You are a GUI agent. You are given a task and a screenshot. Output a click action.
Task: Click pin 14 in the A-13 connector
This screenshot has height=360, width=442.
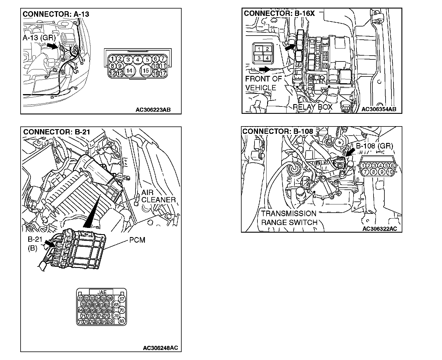pos(129,71)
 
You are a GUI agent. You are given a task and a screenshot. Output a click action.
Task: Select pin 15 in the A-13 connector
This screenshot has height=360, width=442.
pos(146,71)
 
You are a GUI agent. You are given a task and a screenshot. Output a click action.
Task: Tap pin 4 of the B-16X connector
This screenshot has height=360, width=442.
pos(267,58)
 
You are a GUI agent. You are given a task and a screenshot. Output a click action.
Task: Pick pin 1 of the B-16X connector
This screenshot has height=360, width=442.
pos(259,49)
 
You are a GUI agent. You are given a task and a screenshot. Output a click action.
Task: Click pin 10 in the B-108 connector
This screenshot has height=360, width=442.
pos(390,172)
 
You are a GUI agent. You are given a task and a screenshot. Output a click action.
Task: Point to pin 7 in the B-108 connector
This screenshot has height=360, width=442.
pos(365,172)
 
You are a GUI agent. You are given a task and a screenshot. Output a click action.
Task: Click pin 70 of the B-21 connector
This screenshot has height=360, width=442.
pos(122,310)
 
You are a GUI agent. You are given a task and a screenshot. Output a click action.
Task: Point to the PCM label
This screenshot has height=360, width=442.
pos(137,240)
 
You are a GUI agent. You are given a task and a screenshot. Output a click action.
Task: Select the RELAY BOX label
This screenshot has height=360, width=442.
pos(312,107)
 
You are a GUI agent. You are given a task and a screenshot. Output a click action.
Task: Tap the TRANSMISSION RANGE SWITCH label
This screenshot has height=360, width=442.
pos(289,218)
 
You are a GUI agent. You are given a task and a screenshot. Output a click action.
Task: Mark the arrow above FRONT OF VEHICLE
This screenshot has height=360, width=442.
pos(264,69)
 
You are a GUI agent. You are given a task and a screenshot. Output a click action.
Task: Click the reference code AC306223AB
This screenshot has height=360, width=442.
pos(153,110)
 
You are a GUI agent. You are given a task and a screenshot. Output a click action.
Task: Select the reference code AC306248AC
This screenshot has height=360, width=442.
pos(160,348)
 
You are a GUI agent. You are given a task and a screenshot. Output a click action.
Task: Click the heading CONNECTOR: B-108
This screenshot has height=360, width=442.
pos(278,131)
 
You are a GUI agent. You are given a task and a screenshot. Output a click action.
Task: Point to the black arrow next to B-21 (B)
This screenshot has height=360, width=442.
pos(49,243)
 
